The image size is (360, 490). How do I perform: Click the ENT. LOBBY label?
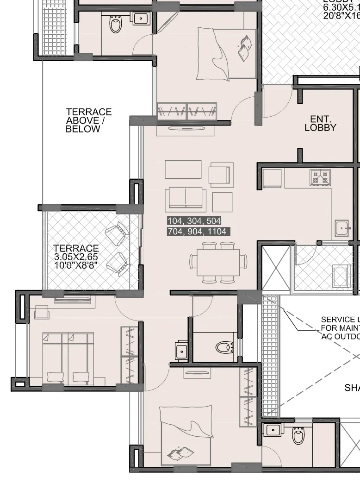320,123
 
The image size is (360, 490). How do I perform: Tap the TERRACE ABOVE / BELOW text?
89,120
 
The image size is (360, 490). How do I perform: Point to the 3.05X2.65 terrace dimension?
76,257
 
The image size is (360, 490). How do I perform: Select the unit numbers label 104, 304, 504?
194,220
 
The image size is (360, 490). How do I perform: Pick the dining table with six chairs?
217,262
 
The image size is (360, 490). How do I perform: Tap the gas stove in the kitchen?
320,176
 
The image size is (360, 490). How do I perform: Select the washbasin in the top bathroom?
140,19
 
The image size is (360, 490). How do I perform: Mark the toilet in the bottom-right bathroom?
298,436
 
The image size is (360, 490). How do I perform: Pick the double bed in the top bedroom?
226,53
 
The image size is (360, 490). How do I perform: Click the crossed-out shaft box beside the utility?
275,268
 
